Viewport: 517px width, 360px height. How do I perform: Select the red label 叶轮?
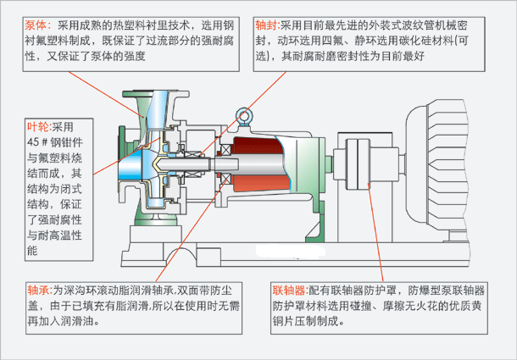tap(39, 125)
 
